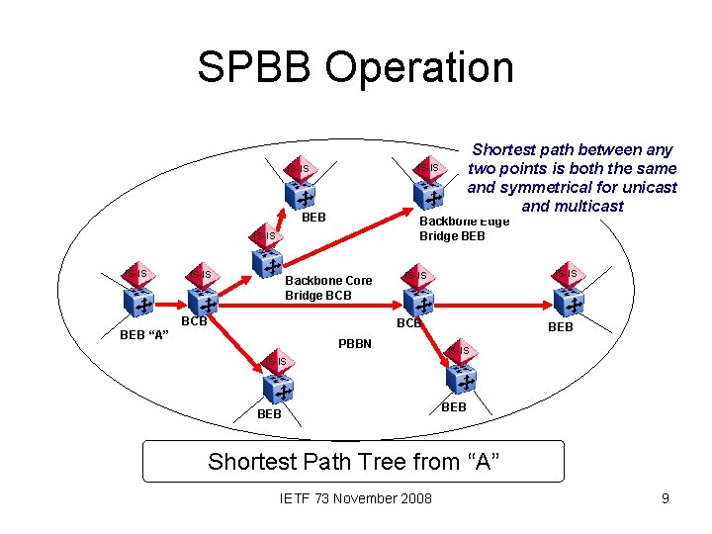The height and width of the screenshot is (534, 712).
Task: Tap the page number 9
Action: [x=666, y=498]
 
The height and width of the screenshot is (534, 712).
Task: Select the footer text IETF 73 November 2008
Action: [x=356, y=498]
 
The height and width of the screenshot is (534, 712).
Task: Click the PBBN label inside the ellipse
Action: [x=354, y=344]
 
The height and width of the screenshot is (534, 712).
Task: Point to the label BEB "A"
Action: [x=144, y=335]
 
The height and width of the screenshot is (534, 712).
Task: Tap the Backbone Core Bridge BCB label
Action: [x=328, y=288]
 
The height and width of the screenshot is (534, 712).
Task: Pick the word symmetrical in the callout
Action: [x=544, y=187]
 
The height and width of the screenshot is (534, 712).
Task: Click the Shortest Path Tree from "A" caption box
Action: [x=354, y=461]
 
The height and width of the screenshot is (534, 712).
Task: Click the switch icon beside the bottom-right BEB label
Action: [x=462, y=372]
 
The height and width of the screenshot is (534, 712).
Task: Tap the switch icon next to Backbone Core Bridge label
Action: [x=267, y=256]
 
